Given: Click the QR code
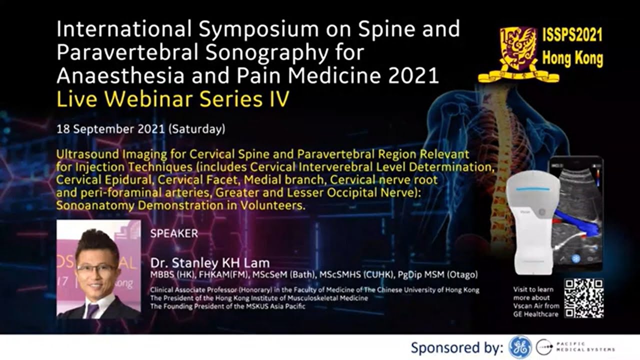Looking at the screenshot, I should click(x=583, y=298).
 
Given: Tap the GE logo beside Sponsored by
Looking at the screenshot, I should click(x=519, y=347).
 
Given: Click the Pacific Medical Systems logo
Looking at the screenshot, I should click(x=575, y=347).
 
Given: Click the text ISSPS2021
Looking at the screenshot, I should click(x=572, y=35).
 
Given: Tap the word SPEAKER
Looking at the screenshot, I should click(x=174, y=233).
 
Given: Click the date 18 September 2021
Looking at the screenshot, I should click(x=111, y=128).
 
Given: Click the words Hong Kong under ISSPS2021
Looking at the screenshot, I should click(x=572, y=58).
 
